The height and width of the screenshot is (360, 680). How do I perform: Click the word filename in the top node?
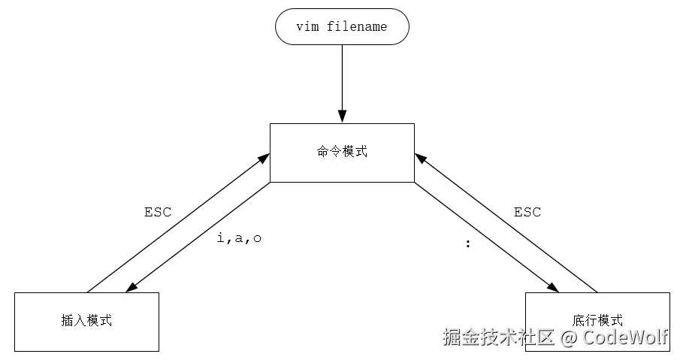tap(357, 27)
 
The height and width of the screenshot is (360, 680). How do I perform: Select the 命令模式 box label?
tap(342, 151)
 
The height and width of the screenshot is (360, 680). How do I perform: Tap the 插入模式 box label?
tap(86, 320)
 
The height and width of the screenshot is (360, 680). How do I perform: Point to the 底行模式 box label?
tap(597, 320)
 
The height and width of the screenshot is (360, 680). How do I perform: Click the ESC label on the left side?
tap(158, 212)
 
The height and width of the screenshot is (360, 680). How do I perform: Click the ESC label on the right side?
tap(527, 212)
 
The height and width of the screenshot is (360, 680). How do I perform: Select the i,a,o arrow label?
tap(239, 238)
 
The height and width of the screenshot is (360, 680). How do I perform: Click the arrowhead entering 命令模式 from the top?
tap(342, 116)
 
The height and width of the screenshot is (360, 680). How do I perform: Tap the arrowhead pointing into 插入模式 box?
tap(133, 288)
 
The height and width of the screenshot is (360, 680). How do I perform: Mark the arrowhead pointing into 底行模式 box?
tap(552, 287)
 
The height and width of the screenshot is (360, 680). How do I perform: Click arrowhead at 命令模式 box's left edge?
tap(264, 157)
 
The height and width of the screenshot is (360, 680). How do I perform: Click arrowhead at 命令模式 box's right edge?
tap(420, 157)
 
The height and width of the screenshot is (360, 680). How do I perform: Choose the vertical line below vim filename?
tap(342, 75)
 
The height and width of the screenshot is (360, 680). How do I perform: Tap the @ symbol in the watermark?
tap(569, 337)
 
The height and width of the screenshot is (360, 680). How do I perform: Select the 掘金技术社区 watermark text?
tap(499, 337)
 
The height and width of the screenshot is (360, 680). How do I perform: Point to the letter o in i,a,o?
tap(257, 238)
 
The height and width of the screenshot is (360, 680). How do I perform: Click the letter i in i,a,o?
tap(220, 238)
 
